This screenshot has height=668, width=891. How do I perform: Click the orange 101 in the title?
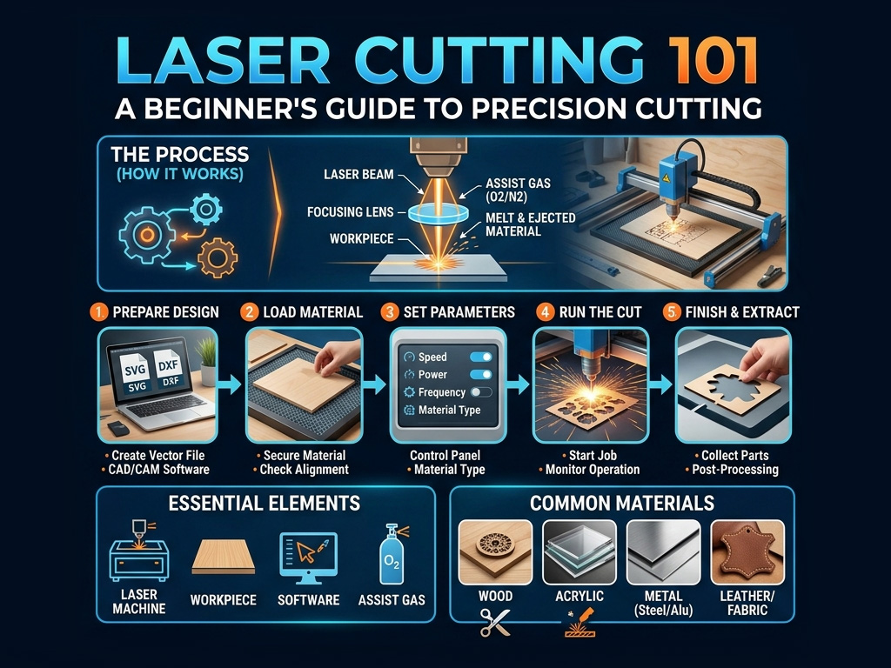click(713, 61)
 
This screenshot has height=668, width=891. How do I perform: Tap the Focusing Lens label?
click(350, 212)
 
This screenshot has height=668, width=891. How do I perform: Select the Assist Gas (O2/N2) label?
click(518, 190)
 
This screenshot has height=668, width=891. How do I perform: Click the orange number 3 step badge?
click(389, 312)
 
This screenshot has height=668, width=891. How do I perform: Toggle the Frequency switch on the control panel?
click(480, 392)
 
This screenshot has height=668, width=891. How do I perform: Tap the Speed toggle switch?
click(480, 357)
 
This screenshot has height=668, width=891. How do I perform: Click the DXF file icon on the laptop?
click(168, 371)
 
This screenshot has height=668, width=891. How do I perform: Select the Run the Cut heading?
click(600, 312)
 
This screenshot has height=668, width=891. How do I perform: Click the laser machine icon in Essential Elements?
click(139, 551)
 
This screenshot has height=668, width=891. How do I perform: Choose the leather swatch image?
click(747, 552)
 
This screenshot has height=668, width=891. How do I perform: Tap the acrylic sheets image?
click(579, 552)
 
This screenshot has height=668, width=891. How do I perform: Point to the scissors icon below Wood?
click(495, 623)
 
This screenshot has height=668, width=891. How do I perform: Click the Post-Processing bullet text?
click(734, 470)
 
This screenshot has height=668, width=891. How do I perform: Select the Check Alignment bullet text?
click(304, 470)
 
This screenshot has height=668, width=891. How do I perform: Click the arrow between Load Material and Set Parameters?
click(374, 384)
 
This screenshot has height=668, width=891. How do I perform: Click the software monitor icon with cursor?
click(309, 558)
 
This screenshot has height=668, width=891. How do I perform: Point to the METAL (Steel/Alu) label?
click(663, 604)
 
